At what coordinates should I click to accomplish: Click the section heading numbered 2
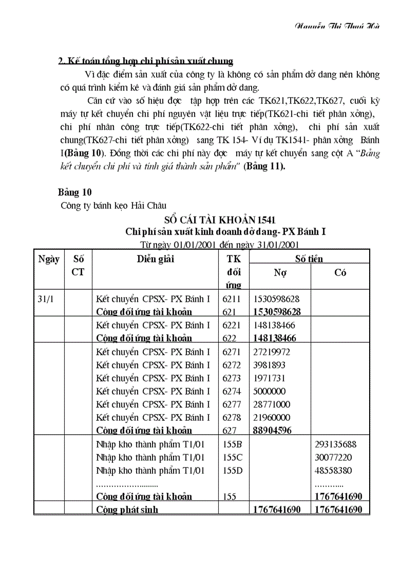pos(146,61)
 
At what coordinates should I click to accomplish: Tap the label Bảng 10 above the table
pos(74,192)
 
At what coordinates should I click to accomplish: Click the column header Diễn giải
pos(155,259)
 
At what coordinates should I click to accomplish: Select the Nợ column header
pos(280,273)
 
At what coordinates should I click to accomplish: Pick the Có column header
pos(340,273)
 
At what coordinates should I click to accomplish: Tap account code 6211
pos(232,299)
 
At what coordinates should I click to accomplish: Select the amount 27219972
pos(272,352)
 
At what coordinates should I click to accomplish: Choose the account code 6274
pos(232,392)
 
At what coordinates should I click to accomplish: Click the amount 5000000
pos(270,392)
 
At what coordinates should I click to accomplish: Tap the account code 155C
pos(233,457)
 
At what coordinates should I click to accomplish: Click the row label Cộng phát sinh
pos(127,510)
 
